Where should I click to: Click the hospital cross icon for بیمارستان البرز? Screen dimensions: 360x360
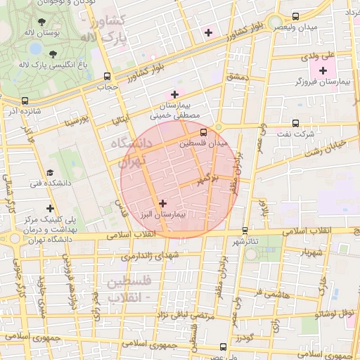tap(163, 203)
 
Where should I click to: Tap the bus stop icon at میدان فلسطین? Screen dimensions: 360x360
tap(203, 131)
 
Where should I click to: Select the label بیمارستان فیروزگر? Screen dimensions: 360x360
tap(323, 83)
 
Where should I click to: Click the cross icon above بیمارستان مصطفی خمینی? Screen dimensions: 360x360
tap(174, 94)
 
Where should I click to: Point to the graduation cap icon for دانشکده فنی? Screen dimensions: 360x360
tap(49, 172)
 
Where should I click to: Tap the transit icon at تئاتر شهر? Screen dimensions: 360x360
tap(245, 230)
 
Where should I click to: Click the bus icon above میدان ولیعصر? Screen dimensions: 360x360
tap(295, 15)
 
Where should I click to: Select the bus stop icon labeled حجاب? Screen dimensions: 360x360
tap(107, 76)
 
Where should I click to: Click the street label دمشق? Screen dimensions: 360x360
tap(238, 76)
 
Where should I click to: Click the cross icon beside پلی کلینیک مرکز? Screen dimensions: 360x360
tap(49, 209)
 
